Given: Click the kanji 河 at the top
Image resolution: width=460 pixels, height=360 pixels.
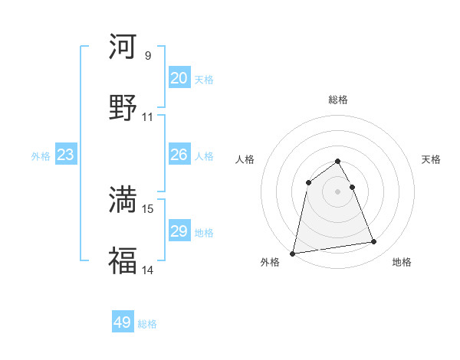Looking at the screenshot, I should (x=123, y=47).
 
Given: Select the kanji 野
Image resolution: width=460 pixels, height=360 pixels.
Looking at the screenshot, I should (x=123, y=108).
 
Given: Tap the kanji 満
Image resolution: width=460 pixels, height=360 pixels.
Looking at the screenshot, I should (x=123, y=199).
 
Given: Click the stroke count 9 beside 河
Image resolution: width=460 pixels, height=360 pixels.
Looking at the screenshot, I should (x=148, y=56).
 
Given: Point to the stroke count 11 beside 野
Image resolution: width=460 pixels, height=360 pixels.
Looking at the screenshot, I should (x=148, y=117).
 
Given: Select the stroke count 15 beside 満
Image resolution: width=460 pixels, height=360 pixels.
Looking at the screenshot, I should (x=148, y=208).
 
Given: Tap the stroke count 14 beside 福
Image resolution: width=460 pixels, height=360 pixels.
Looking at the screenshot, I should (x=148, y=270).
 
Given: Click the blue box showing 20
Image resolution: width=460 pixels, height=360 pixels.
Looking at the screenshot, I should (x=179, y=78).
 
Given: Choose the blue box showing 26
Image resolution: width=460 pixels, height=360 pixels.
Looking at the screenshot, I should (x=179, y=155).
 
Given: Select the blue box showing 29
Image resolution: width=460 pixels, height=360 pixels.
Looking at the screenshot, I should (x=179, y=231).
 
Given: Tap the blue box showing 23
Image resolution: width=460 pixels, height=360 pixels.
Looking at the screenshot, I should (x=66, y=155).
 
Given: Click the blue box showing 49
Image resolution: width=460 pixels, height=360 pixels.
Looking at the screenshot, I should (x=123, y=322).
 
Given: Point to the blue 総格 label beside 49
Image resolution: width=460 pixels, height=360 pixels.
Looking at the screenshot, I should (x=147, y=324).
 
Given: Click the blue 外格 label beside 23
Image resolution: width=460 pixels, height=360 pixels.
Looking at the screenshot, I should (x=41, y=156).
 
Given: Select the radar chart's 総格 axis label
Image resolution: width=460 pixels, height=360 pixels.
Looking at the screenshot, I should (x=337, y=100).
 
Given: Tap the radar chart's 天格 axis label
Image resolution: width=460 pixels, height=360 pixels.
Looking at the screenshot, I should (x=431, y=159).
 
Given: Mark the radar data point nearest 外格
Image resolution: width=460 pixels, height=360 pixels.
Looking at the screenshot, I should (x=293, y=253).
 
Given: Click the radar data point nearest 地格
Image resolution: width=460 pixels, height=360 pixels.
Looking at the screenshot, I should (x=374, y=242).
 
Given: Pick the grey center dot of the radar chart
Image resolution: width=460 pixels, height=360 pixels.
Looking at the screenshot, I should (x=337, y=191).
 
